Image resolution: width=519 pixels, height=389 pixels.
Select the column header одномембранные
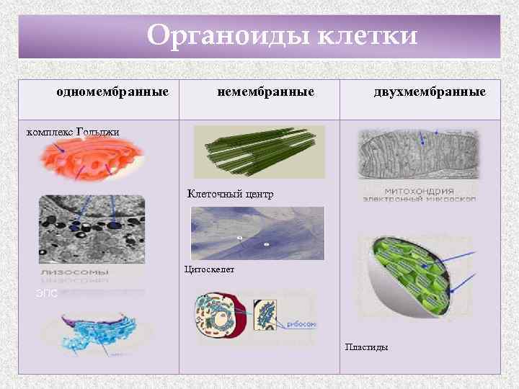[112, 92]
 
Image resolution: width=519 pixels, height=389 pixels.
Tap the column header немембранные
[266, 92]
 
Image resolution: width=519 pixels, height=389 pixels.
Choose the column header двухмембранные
[430, 92]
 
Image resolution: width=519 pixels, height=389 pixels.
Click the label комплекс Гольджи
[73, 131]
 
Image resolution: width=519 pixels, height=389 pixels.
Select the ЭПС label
[45, 293]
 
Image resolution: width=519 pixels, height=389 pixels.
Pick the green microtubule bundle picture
[259, 151]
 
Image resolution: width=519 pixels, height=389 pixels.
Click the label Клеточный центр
[230, 194]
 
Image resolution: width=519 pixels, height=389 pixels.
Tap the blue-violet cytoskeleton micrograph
[257, 233]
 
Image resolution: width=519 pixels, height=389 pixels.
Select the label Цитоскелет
[209, 269]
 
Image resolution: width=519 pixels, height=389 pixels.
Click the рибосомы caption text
[300, 324]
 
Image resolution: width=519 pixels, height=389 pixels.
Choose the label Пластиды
[366, 347]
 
